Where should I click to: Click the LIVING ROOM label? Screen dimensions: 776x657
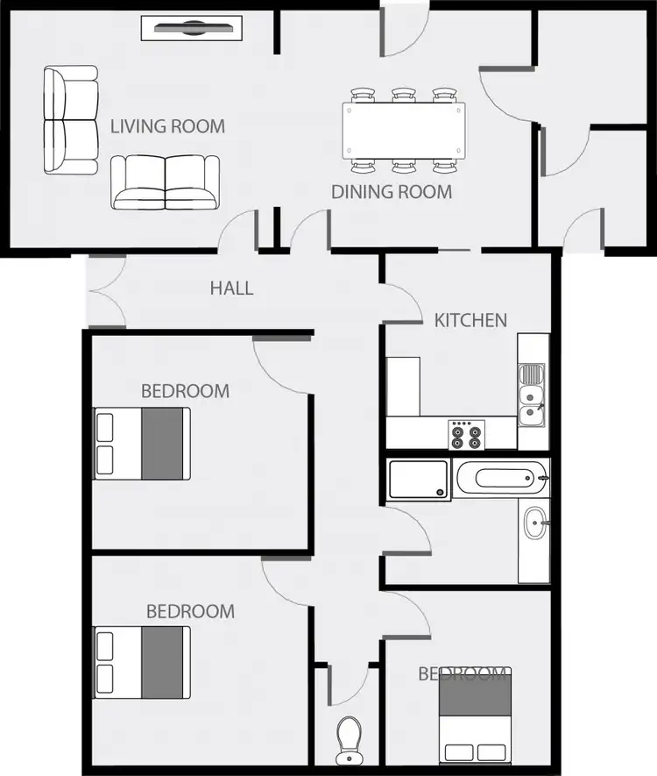167,126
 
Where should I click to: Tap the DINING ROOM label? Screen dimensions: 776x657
392,191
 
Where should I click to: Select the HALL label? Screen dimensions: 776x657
232,288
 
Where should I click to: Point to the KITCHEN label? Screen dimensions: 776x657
470,320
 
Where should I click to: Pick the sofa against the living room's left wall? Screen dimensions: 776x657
71,121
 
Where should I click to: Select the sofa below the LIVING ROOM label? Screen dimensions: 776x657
166,182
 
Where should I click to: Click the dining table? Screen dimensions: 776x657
403,132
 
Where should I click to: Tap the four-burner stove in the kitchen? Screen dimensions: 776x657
467,434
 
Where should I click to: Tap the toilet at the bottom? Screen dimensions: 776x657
349,739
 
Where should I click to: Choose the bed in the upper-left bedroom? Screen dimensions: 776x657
142,443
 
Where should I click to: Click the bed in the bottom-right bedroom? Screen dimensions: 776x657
475,718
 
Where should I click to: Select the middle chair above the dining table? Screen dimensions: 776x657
403,95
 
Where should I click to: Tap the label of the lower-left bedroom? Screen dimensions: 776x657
190,611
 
